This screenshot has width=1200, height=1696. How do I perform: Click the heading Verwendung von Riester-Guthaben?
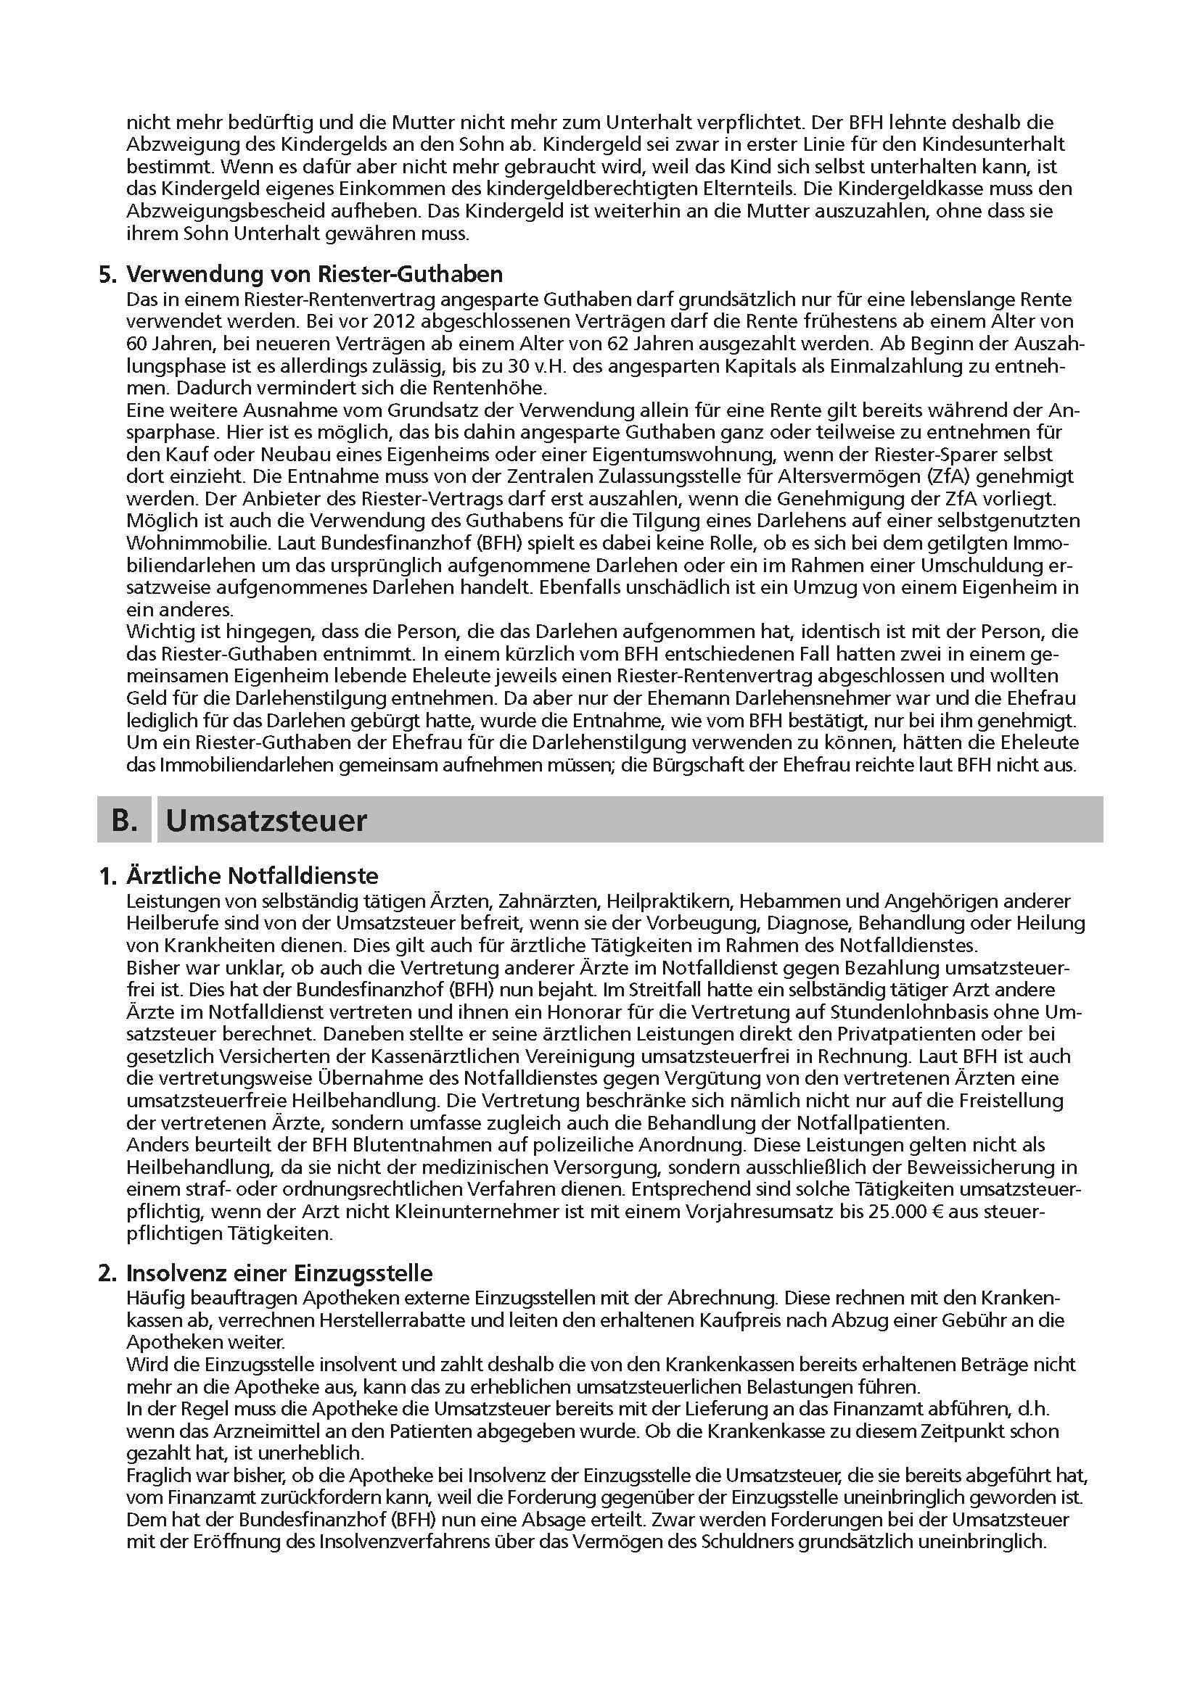315,274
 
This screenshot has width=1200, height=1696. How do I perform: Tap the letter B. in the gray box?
125,821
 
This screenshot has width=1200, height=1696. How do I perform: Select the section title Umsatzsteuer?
266,821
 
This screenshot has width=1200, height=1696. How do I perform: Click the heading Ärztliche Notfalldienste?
252,876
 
